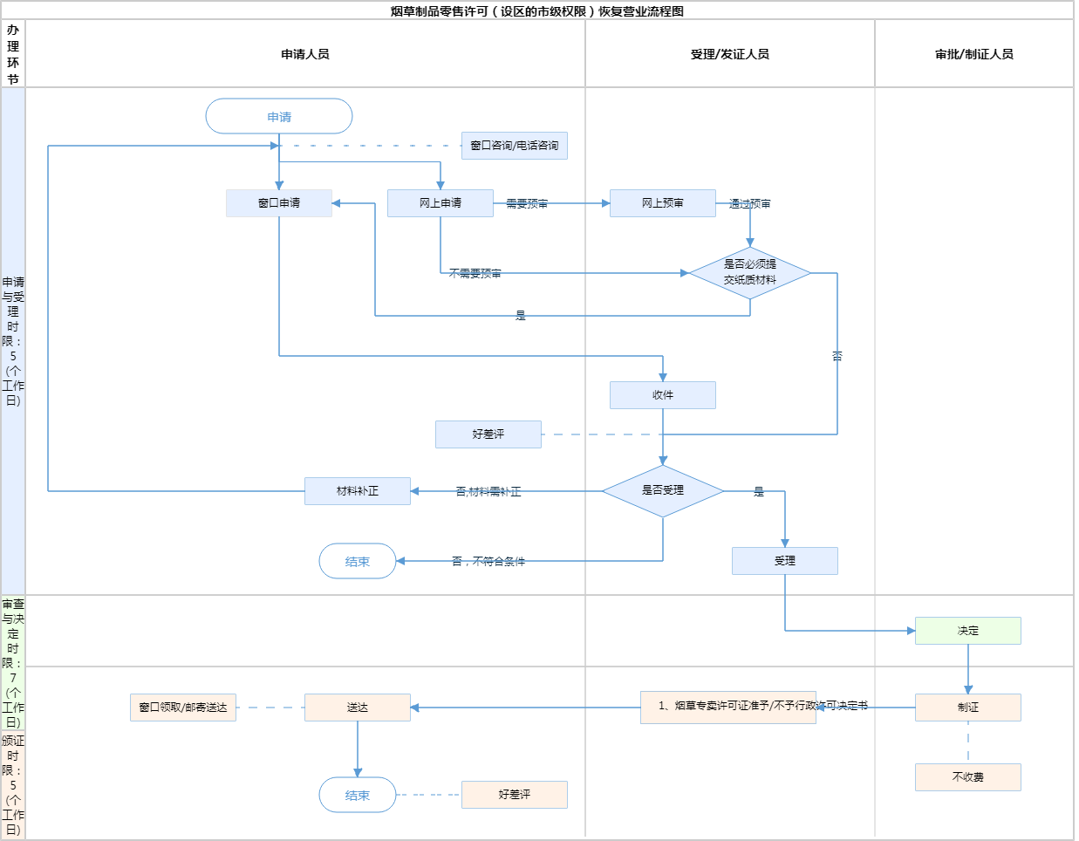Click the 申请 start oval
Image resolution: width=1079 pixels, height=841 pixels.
point(279,116)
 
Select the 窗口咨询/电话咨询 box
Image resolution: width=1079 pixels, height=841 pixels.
point(515,146)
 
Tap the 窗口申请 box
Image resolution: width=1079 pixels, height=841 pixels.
point(279,203)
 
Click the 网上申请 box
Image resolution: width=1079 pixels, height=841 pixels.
point(440,203)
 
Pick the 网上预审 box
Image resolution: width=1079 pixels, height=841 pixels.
point(663,203)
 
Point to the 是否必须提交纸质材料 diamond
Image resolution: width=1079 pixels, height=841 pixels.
point(750,272)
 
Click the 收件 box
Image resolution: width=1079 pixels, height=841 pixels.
point(663,395)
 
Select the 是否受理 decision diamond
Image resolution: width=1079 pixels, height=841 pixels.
point(663,490)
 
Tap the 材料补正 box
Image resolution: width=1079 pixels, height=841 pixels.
point(358,491)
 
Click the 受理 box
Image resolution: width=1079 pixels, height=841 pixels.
point(785,561)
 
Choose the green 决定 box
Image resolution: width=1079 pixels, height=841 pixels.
point(968,631)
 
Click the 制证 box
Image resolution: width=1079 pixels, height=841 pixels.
point(968,708)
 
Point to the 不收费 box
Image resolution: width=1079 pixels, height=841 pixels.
point(968,777)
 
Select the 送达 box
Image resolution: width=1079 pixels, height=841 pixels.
point(358,708)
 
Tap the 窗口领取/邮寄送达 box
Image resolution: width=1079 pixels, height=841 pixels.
point(183,708)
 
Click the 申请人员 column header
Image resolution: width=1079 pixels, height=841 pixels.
point(305,54)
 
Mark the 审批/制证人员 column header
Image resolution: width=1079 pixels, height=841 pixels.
point(974,54)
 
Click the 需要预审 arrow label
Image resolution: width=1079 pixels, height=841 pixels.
point(527,203)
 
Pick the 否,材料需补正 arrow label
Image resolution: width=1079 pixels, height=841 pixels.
point(488,492)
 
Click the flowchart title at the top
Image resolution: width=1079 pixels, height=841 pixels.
point(537,11)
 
